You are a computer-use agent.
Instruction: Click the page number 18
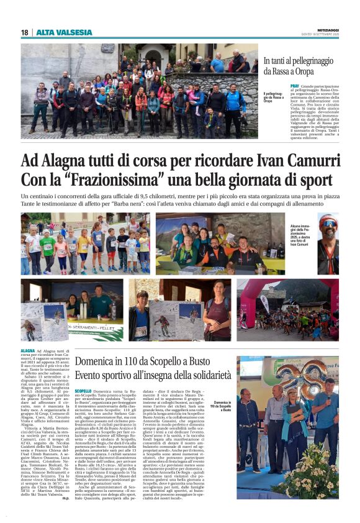[24, 32]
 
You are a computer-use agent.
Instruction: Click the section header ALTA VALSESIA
[63, 32]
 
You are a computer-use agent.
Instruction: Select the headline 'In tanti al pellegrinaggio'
[299, 61]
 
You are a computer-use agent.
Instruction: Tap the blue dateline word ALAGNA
[29, 352]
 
